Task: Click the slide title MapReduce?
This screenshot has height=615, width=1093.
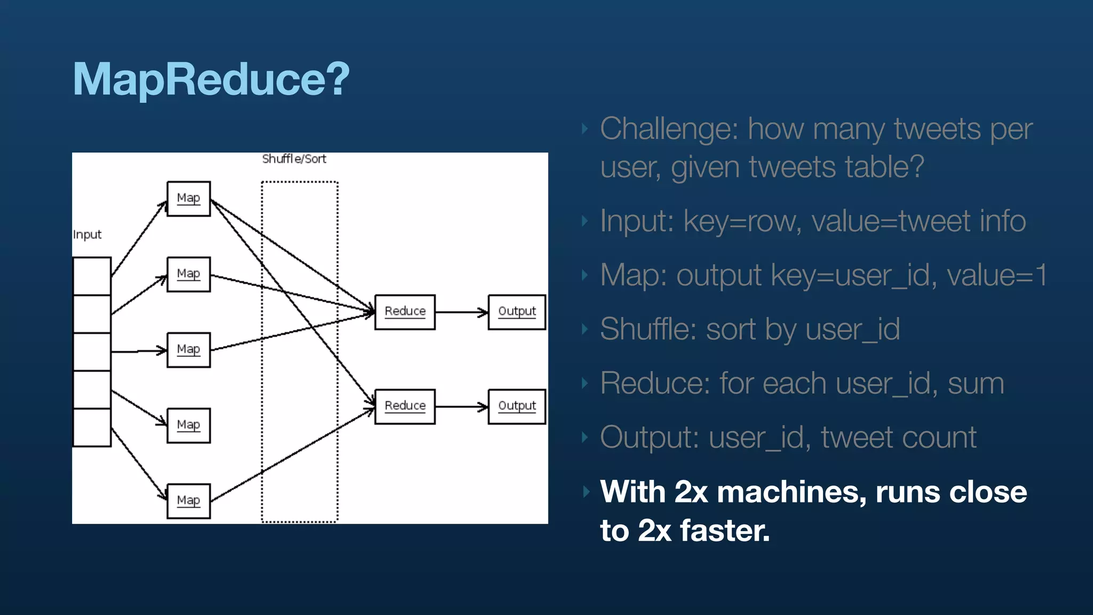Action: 211,79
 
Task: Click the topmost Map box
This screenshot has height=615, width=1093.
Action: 188,199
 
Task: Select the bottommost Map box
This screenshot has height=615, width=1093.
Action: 188,501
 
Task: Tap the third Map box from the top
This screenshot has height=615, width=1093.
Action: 188,350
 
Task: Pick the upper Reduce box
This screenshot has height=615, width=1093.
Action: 405,312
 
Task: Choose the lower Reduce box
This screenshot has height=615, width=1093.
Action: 405,406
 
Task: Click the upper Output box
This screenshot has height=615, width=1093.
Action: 517,312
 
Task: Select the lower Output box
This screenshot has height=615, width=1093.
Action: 517,406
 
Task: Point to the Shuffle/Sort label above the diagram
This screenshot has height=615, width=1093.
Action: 294,159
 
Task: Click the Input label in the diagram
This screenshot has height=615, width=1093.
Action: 87,235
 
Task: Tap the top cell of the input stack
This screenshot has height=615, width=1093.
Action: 92,276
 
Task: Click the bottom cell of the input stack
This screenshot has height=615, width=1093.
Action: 92,427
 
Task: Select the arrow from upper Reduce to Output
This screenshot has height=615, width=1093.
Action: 461,312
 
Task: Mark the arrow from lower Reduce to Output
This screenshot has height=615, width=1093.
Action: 461,407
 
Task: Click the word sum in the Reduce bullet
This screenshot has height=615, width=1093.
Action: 976,383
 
